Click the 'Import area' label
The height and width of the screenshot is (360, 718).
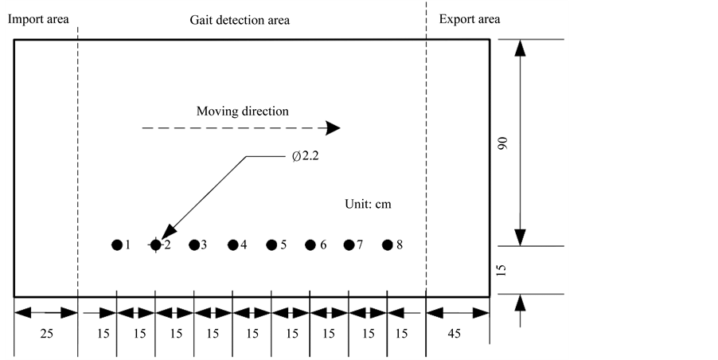[x=38, y=18]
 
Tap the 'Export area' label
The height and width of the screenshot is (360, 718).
[x=470, y=18]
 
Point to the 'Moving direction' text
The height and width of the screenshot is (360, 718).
[x=243, y=111]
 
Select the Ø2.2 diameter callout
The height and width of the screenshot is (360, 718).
[x=306, y=157]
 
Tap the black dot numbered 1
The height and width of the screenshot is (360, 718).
[x=117, y=245]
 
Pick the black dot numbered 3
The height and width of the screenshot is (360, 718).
[x=193, y=245]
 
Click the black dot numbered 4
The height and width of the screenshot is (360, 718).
[x=232, y=245]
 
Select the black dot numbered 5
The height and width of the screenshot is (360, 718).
[x=271, y=245]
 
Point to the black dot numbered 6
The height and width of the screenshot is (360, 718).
[x=310, y=245]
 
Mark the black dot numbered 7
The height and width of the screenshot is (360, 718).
[x=349, y=245]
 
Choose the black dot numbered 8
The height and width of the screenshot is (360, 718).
[x=388, y=245]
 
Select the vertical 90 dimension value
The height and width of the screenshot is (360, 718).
[x=503, y=143]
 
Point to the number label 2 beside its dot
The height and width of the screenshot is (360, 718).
[x=167, y=245]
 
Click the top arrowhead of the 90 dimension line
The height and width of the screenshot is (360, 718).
[x=520, y=49]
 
